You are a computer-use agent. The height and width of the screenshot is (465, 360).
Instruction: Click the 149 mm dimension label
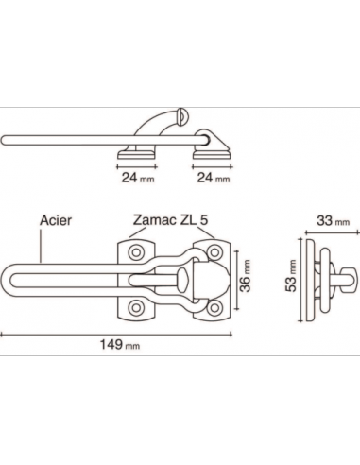[120, 345]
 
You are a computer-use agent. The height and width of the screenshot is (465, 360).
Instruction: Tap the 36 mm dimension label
[245, 276]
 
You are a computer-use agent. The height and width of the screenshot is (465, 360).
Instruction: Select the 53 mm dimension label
[291, 276]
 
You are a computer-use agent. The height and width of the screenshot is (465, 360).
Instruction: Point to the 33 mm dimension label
[334, 221]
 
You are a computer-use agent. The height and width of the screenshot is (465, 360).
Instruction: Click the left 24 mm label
[138, 178]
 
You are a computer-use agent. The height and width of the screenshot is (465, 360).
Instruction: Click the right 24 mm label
[214, 178]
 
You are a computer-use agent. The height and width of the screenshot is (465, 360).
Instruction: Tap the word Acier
[56, 220]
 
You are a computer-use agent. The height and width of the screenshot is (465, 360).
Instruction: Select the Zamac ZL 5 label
[170, 220]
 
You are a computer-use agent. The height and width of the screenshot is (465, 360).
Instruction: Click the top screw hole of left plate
[136, 252]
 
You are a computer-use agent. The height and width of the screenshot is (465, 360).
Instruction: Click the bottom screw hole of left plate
[136, 307]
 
